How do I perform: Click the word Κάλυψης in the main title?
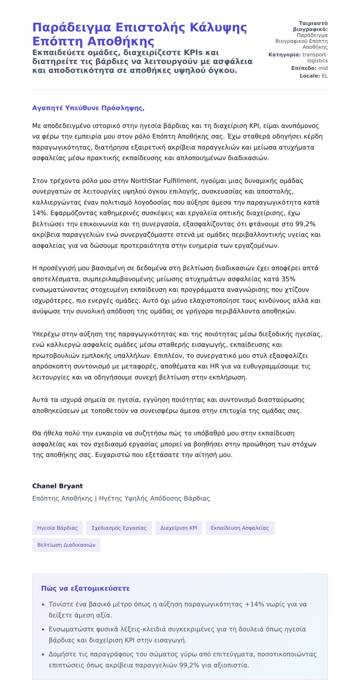point(218,28)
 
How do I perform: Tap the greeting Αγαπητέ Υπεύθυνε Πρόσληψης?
point(88,108)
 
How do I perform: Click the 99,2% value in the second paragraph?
point(305,224)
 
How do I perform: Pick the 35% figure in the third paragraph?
point(288,279)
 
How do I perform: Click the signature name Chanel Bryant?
point(57,486)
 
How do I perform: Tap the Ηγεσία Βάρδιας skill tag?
point(57,528)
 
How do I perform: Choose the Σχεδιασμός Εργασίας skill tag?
point(119,528)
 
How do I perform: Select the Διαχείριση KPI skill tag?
point(179,528)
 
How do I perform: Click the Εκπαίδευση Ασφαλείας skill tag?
point(240,528)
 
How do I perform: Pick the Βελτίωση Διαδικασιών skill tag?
point(66,545)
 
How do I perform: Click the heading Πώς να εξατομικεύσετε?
point(85,588)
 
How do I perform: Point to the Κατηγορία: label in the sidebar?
point(284,55)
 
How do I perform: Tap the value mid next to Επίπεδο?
point(323,68)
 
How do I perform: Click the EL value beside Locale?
point(325,76)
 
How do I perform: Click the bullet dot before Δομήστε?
point(43,655)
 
